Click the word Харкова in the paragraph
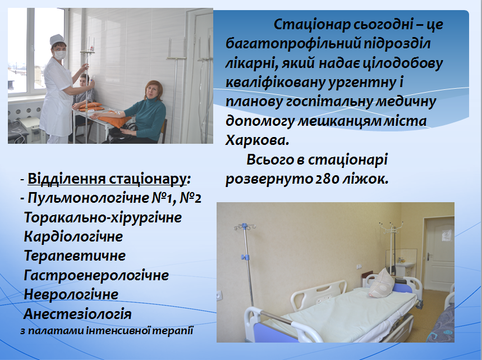(257, 140)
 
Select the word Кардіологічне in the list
(73, 236)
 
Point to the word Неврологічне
(71, 294)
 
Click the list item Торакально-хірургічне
(103, 217)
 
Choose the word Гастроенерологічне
(96, 275)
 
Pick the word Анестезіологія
(77, 314)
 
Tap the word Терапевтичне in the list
(75, 256)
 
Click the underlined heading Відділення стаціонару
(107, 179)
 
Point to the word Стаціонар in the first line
(311, 25)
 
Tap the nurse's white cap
(57, 39)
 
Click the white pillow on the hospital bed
(382, 282)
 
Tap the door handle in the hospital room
(429, 256)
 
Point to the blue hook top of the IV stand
(245, 227)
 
